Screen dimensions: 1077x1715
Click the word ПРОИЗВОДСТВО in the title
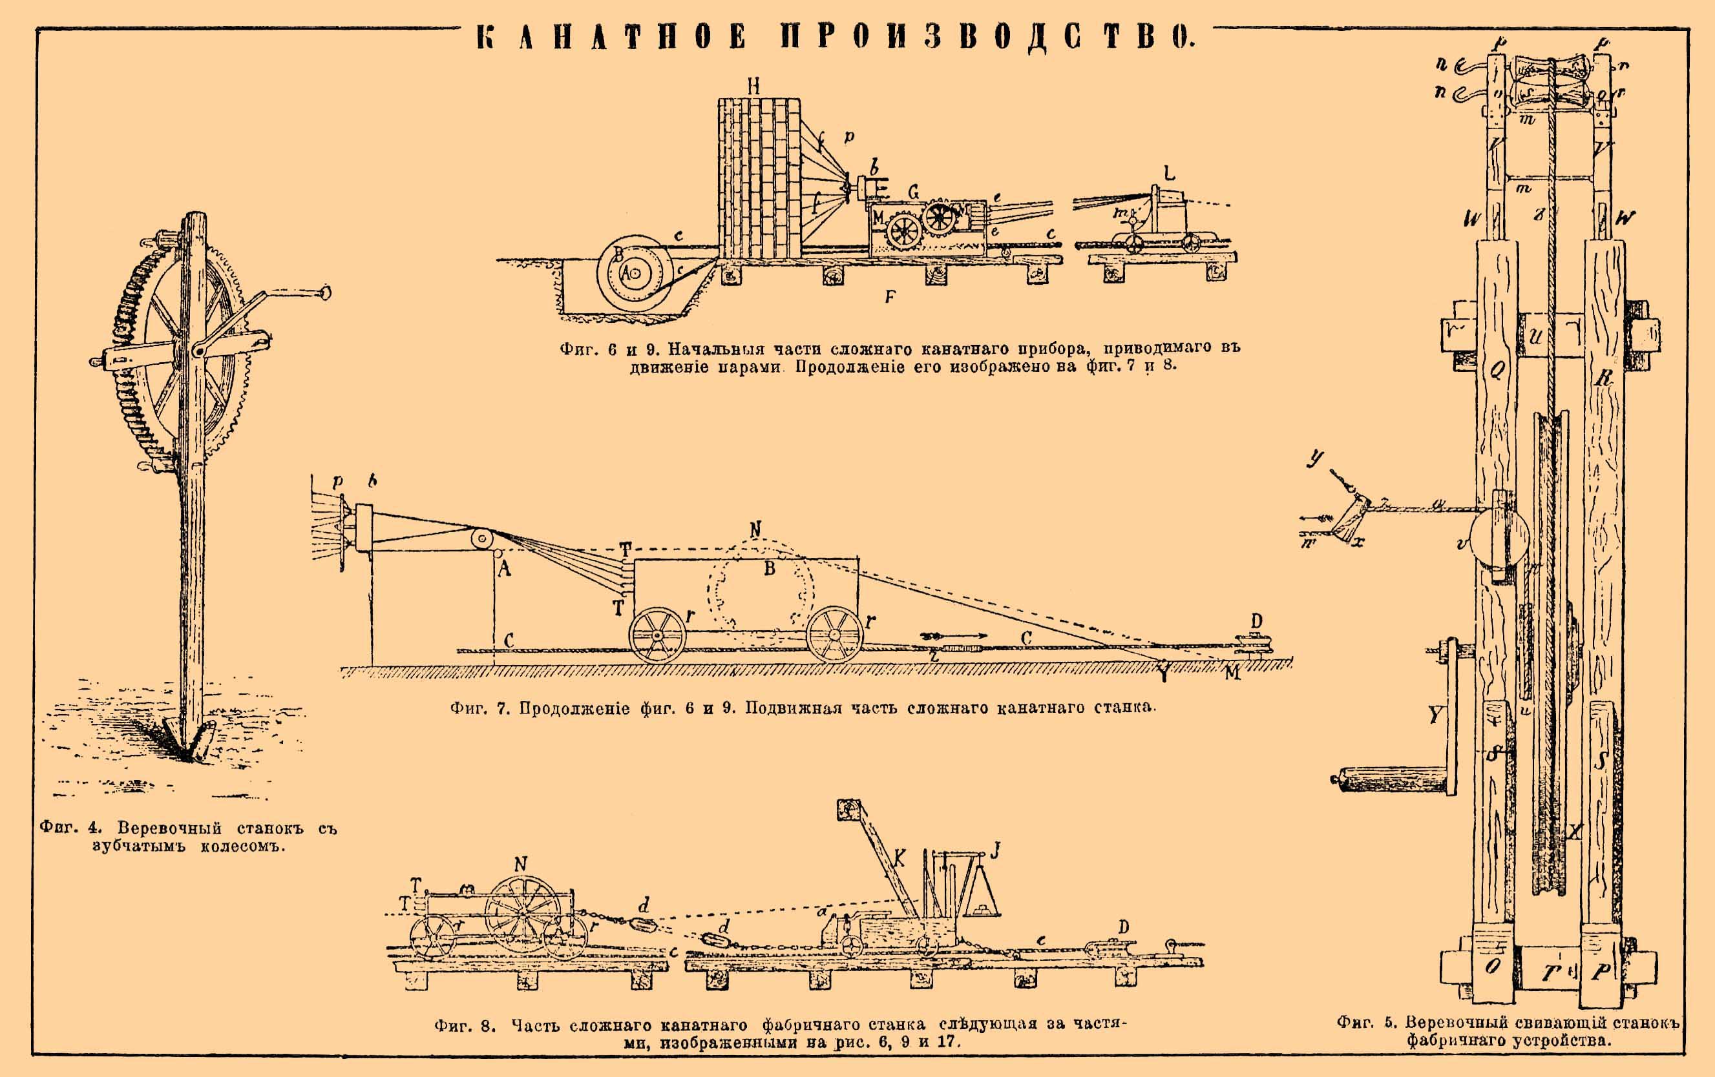pos(986,37)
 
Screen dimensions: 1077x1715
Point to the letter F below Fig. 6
pos(890,297)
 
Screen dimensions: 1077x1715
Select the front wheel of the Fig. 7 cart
pos(657,635)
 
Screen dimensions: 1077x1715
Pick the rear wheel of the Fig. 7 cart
pos(835,633)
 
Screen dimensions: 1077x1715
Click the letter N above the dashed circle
pos(755,529)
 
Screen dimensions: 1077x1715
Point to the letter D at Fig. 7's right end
pos(1256,621)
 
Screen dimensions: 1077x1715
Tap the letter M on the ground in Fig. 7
pos(1232,673)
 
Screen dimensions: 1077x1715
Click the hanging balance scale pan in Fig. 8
pos(981,905)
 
